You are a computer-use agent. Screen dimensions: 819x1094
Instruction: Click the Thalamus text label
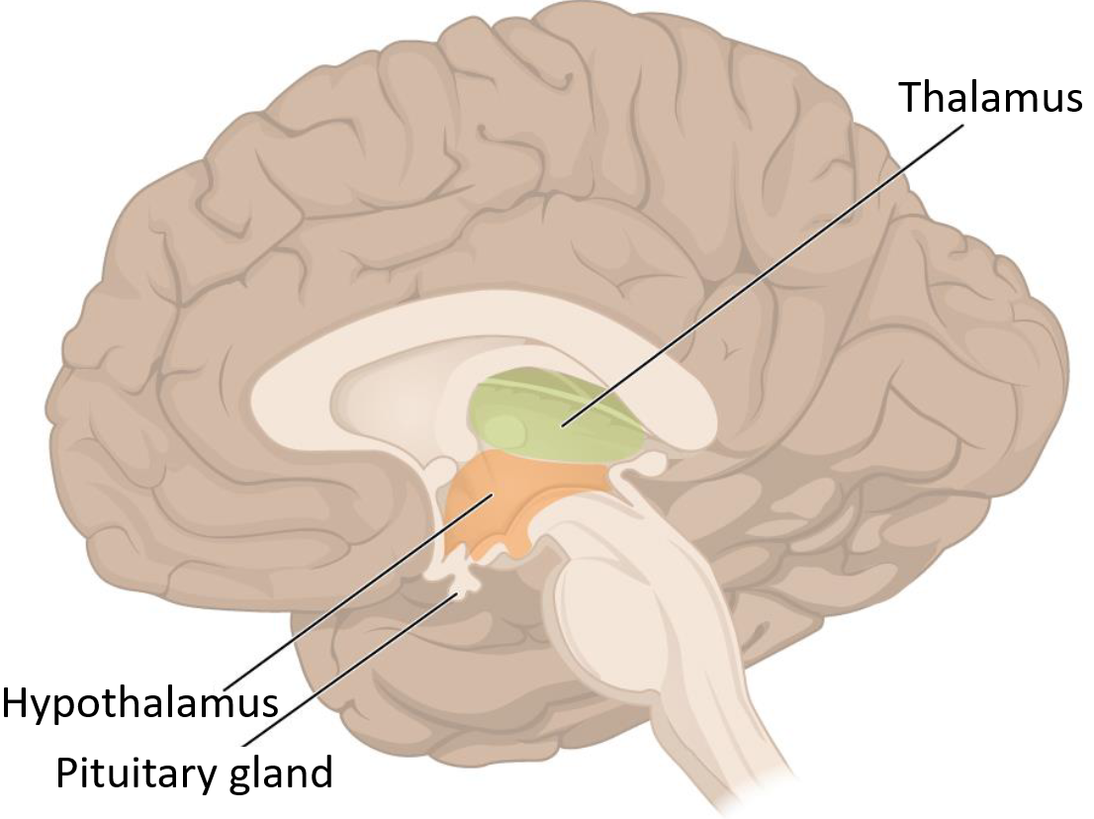pos(990,98)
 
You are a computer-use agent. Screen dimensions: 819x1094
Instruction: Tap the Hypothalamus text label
pos(139,703)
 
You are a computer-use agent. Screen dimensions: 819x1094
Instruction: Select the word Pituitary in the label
pos(133,772)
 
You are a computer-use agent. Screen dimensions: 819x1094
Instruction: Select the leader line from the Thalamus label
pos(762,277)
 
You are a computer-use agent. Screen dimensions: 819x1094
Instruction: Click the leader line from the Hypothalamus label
pos(356,593)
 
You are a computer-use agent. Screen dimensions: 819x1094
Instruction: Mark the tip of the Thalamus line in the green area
pos(561,426)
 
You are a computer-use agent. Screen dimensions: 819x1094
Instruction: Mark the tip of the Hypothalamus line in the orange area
pos(492,497)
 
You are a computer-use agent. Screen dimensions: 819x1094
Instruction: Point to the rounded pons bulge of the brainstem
pos(603,593)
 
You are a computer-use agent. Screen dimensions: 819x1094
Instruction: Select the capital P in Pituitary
pos(66,772)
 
